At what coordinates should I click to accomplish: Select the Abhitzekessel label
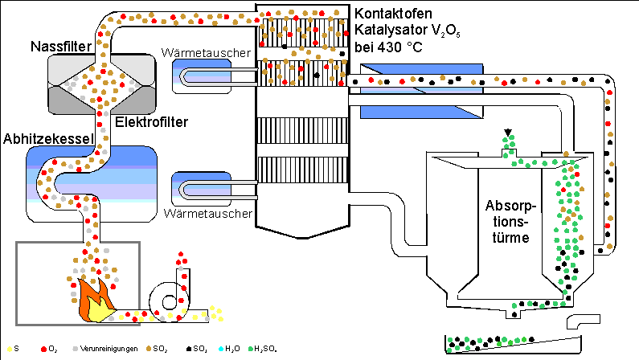coord(48,137)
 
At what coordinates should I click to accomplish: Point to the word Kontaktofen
coord(395,14)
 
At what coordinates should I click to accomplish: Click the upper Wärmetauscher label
coord(208,52)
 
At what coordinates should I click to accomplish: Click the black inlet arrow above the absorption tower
coord(507,133)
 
